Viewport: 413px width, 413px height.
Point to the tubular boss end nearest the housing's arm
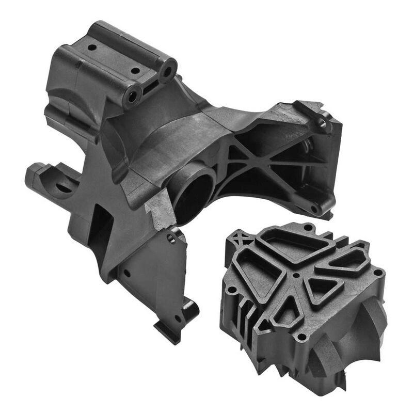coord(167,71)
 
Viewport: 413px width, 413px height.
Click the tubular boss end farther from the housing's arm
coord(132,95)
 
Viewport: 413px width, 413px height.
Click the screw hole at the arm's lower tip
coord(314,209)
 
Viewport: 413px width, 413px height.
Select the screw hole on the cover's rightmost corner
coord(378,272)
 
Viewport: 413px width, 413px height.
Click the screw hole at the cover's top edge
coord(308,227)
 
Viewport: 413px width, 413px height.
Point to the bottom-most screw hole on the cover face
coord(301,338)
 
